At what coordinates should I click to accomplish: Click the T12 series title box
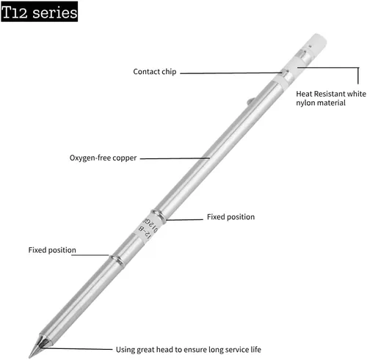[x=40, y=12]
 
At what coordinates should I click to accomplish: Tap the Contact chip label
[x=155, y=72]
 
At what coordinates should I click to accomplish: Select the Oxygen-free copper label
[x=103, y=158]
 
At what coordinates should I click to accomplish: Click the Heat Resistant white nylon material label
[x=331, y=98]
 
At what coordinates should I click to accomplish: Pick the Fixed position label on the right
[x=230, y=217]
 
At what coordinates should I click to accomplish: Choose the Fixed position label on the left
[x=52, y=250]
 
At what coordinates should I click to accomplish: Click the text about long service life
[x=189, y=350]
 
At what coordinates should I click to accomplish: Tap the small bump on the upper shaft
[x=251, y=100]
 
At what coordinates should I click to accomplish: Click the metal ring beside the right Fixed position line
[x=159, y=215]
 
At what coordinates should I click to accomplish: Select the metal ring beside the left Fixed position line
[x=117, y=260]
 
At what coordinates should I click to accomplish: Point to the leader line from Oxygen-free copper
[x=175, y=158]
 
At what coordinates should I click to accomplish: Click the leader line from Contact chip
[x=231, y=73]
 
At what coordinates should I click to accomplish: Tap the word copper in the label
[x=125, y=158]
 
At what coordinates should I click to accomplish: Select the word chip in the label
[x=169, y=72]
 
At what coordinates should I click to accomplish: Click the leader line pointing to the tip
[x=78, y=349]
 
